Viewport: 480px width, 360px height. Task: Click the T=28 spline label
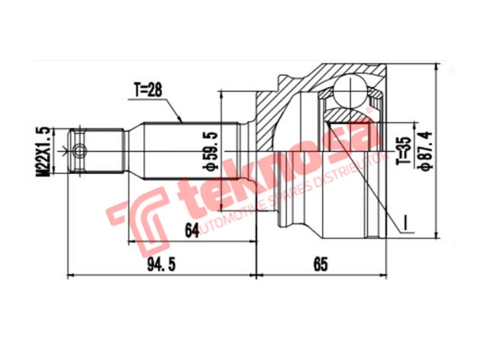click(148, 90)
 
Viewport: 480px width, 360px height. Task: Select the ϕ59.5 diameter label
click(211, 150)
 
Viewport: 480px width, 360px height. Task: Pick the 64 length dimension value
click(191, 231)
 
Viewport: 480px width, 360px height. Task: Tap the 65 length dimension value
click(321, 265)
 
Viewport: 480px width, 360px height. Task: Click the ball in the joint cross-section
click(350, 91)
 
